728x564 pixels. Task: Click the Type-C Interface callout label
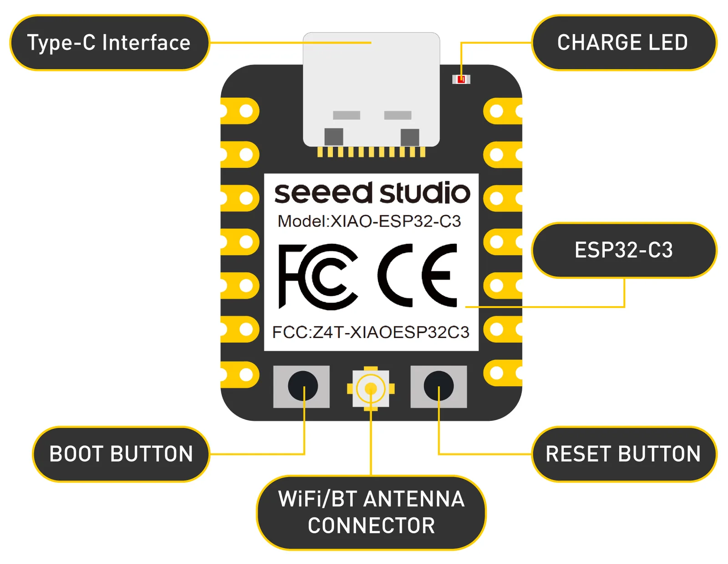click(x=109, y=43)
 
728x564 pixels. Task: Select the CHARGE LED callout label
click(x=623, y=43)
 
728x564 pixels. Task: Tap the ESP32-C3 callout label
click(x=623, y=250)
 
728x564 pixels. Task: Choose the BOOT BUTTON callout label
click(x=121, y=454)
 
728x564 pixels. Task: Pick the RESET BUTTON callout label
click(x=623, y=454)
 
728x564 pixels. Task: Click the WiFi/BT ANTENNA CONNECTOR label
click(x=371, y=513)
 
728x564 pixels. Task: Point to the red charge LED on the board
click(x=461, y=80)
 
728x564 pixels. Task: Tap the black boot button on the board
click(x=303, y=386)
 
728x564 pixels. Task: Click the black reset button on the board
click(x=439, y=386)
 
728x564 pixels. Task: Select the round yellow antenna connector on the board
click(x=371, y=389)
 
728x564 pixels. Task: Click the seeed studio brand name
click(x=372, y=193)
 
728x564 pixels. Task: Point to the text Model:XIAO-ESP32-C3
click(x=369, y=221)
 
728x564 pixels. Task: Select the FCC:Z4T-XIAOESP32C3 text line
click(x=370, y=332)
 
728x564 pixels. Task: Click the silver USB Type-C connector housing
click(x=371, y=89)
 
